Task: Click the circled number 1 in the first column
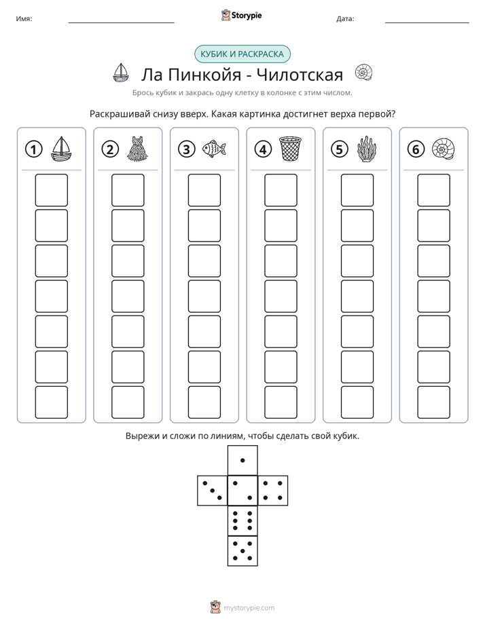33,149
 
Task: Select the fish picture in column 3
214,149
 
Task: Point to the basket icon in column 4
290,149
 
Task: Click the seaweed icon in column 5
367,149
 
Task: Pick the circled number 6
416,149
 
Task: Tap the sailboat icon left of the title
120,73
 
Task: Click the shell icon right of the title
364,73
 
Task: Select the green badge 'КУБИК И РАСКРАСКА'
242,54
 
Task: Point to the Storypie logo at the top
241,15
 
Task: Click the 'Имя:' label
24,19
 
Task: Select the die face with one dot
242,460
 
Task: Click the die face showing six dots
242,520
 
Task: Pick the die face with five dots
242,551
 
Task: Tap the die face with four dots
273,491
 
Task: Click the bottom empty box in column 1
51,402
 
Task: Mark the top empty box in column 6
434,190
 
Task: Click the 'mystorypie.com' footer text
249,608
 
